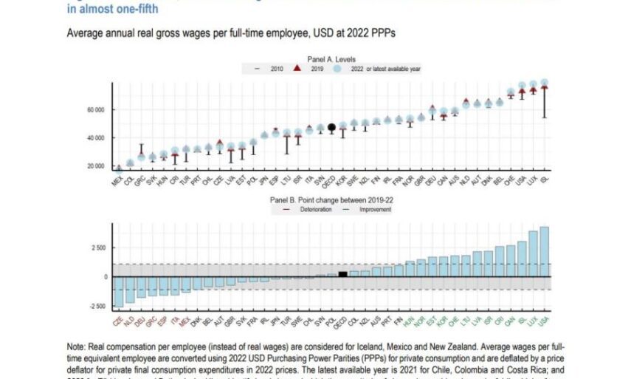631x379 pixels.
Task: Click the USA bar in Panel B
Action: (544, 251)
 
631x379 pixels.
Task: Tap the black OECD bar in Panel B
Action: (342, 274)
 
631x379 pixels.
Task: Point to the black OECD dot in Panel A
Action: (332, 127)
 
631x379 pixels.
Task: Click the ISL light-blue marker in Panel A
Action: (545, 83)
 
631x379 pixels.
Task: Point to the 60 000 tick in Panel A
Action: (97, 110)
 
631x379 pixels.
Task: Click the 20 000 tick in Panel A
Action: (97, 165)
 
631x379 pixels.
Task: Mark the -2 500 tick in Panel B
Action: (98, 306)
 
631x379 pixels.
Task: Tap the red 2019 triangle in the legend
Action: (296, 67)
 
